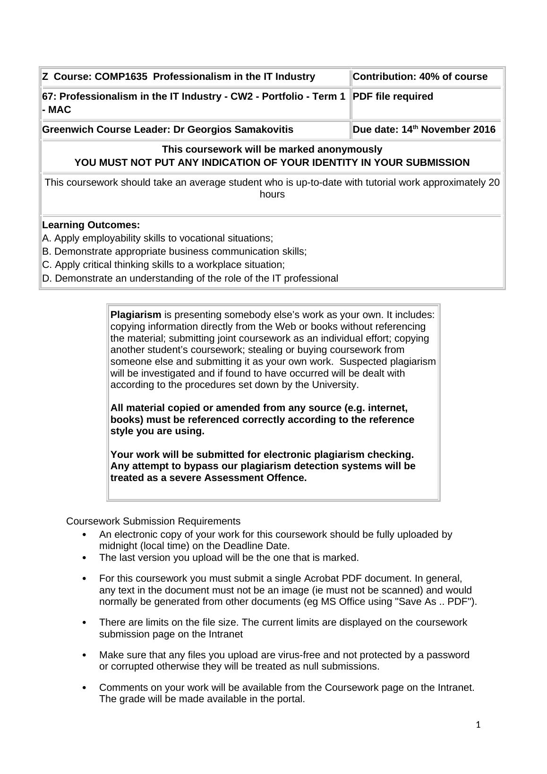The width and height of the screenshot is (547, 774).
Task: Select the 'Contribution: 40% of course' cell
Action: [x=420, y=77]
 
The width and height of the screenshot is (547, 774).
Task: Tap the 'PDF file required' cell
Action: [x=393, y=96]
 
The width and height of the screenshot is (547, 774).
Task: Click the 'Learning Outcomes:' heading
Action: [x=91, y=225]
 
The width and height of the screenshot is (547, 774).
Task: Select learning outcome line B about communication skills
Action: [x=174, y=251]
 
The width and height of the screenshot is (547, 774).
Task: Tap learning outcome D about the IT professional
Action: [x=190, y=278]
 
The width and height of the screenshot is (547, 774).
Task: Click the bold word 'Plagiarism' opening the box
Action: [x=136, y=315]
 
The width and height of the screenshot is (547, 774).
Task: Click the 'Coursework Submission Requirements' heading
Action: [x=153, y=521]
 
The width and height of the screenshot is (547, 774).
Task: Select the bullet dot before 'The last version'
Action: [x=85, y=558]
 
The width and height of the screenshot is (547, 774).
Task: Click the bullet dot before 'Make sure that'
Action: [x=85, y=655]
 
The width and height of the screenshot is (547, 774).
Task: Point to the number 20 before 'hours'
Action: [x=494, y=182]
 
